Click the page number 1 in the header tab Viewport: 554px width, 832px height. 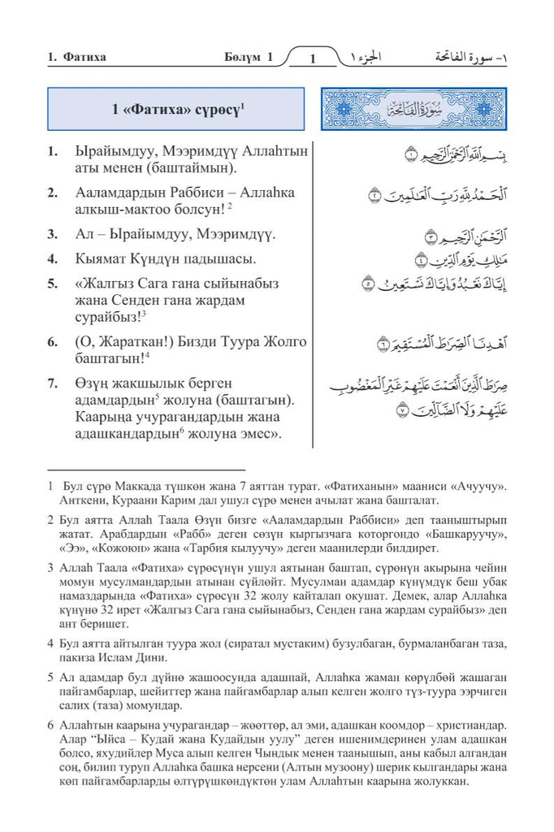click(313, 58)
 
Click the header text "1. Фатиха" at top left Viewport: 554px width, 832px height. click(77, 58)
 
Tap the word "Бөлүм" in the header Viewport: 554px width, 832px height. click(242, 58)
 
